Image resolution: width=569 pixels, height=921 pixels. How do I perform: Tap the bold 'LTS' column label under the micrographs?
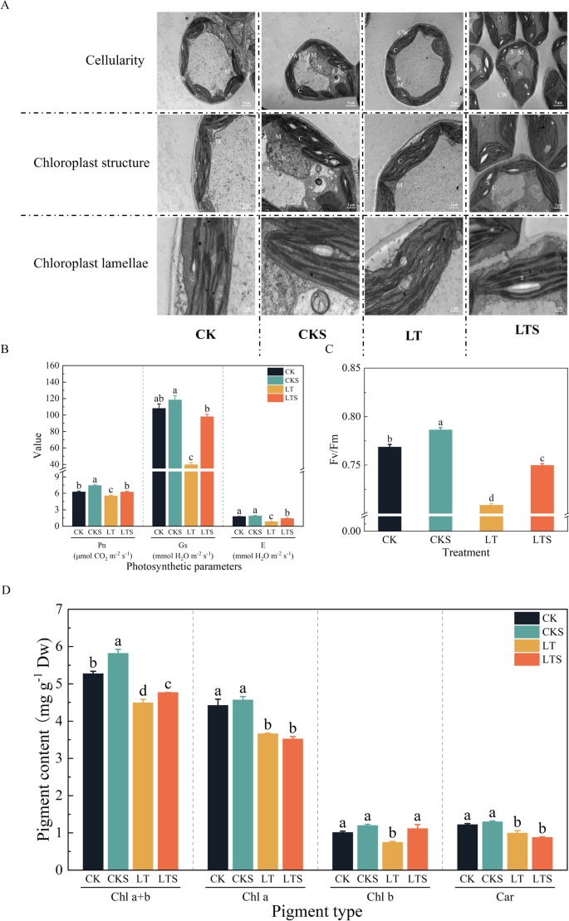point(512,330)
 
